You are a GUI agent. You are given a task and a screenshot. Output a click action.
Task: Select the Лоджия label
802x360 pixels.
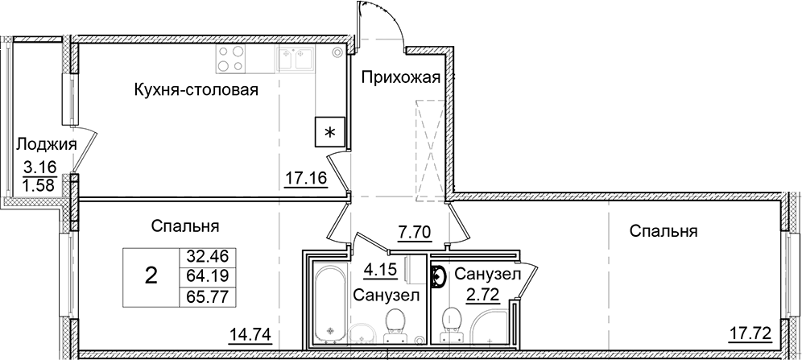pos(46,145)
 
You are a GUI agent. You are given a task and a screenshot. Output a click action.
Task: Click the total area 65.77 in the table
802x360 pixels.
pos(209,296)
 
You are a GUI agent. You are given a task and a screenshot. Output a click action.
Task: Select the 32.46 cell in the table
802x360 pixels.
pos(209,258)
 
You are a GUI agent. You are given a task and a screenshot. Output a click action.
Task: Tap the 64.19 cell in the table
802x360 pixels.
pos(209,277)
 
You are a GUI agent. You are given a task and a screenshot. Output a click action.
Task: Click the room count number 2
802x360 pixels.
pos(151,277)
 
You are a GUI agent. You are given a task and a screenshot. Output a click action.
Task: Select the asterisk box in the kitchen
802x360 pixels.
pos(329,130)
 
